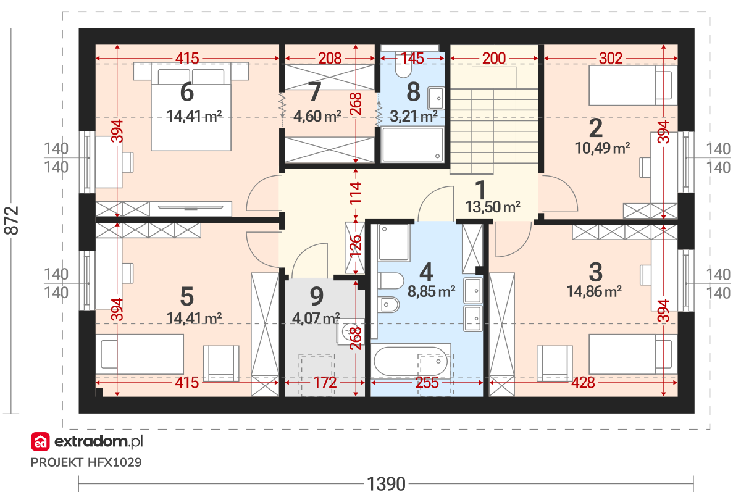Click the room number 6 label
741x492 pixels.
pyautogui.click(x=187, y=92)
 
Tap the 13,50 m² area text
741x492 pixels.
pyautogui.click(x=493, y=207)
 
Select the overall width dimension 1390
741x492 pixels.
pyautogui.click(x=386, y=484)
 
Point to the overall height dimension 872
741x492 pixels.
pyautogui.click(x=11, y=220)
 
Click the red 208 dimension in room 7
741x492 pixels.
pyautogui.click(x=330, y=59)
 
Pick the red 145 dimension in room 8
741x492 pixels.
pyautogui.click(x=412, y=59)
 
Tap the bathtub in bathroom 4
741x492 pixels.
pyautogui.click(x=411, y=361)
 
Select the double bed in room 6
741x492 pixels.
pyautogui.click(x=191, y=106)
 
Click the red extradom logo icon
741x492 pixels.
pyautogui.click(x=40, y=441)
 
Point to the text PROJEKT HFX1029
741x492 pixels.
pyautogui.click(x=86, y=462)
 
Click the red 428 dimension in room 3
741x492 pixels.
pyautogui.click(x=583, y=383)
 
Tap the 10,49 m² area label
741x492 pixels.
pyautogui.click(x=602, y=148)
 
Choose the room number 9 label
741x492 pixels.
pyautogui.click(x=317, y=296)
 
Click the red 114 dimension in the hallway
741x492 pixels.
pyautogui.click(x=356, y=193)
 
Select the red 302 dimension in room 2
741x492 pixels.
pyautogui.click(x=611, y=59)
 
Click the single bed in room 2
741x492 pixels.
pyautogui.click(x=633, y=85)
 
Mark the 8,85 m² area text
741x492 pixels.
pyautogui.click(x=432, y=291)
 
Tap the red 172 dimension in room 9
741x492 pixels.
pyautogui.click(x=325, y=383)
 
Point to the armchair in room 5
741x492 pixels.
pyautogui.click(x=221, y=364)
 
